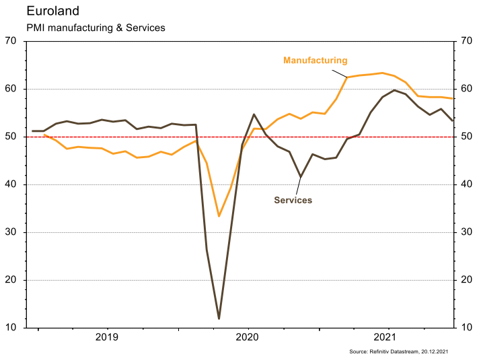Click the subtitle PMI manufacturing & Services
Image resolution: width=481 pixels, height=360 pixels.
(96, 28)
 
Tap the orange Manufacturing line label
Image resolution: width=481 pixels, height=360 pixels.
(315, 61)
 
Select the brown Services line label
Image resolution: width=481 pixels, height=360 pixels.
(293, 200)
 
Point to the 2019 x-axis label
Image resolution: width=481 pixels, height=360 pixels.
(108, 337)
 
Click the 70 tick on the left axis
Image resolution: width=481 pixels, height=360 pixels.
(11, 41)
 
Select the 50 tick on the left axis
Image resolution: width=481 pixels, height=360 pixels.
(11, 137)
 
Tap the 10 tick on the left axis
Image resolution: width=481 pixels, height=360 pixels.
(11, 328)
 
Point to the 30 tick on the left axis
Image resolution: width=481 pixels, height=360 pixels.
(11, 232)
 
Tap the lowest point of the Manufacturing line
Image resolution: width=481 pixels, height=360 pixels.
(219, 216)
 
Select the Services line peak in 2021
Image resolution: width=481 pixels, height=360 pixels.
(394, 90)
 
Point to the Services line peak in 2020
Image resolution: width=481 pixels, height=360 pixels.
(254, 114)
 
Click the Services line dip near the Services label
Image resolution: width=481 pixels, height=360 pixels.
(301, 177)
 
